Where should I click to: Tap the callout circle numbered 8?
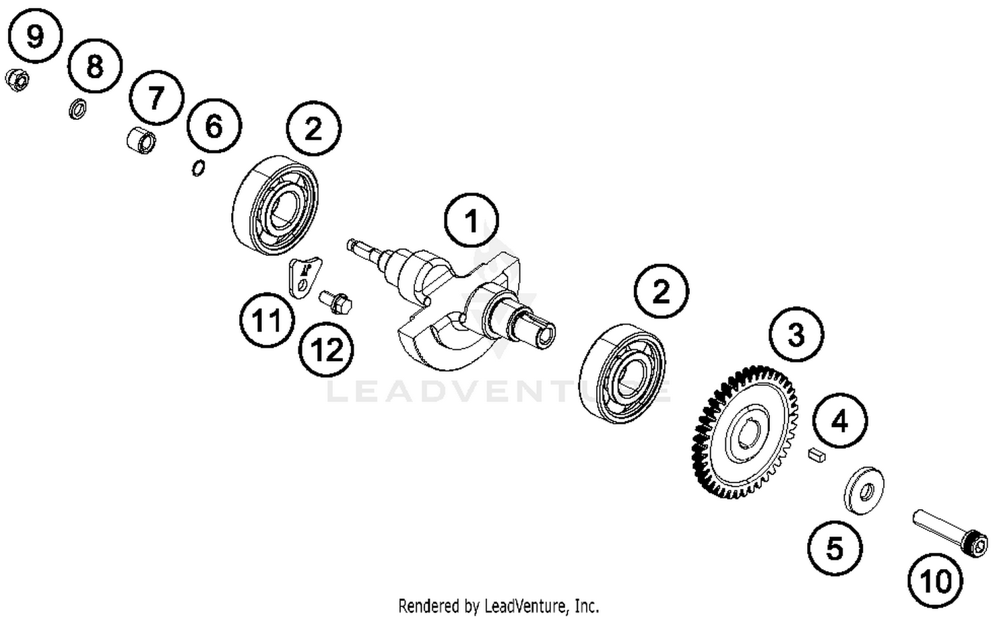[95, 66]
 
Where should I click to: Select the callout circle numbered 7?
[156, 98]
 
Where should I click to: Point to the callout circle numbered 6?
[214, 125]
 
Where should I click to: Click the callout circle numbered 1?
[472, 221]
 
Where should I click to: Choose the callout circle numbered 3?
[797, 334]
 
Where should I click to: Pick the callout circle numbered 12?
[326, 349]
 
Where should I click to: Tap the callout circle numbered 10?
[936, 581]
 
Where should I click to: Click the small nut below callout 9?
[17, 81]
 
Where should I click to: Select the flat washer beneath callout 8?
[77, 109]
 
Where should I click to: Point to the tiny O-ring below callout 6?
[198, 169]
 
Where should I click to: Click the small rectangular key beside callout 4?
[816, 455]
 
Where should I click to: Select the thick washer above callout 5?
[864, 490]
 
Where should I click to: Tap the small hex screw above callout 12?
[337, 301]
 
